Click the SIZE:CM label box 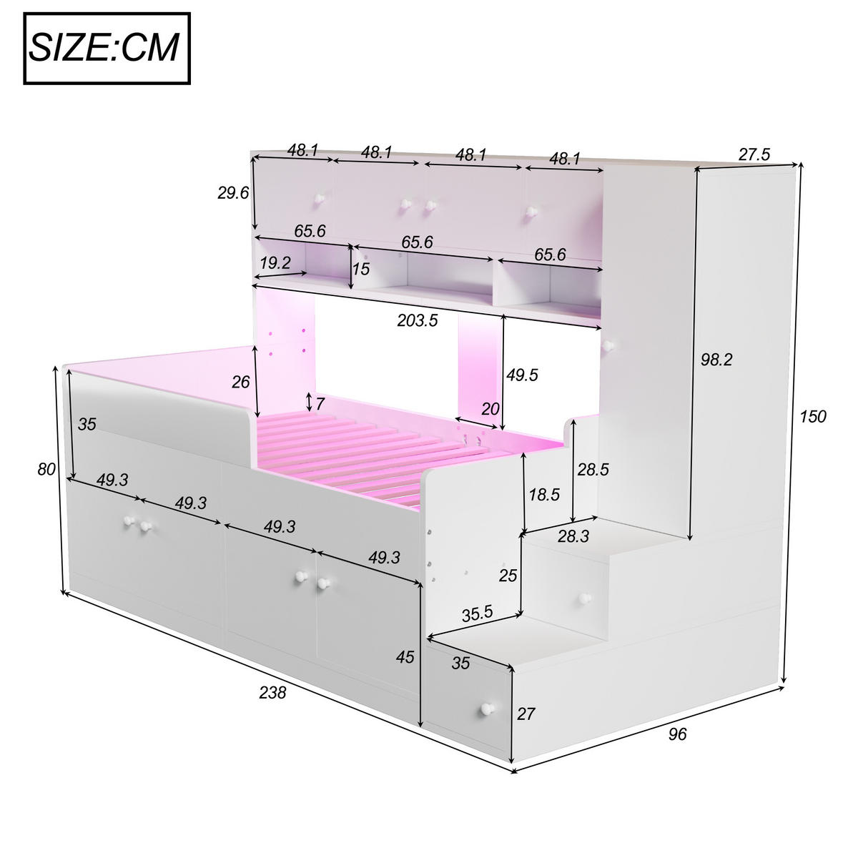tap(108, 48)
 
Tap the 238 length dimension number tap(272, 692)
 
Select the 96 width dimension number tap(677, 734)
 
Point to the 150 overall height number tap(812, 416)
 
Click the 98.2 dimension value tap(716, 360)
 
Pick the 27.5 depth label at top tap(754, 154)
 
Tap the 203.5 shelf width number tap(418, 320)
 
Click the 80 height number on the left tap(46, 469)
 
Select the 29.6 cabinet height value tap(233, 192)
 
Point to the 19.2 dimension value tap(275, 262)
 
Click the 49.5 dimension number tap(522, 375)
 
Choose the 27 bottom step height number tap(526, 713)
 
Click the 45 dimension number tap(405, 656)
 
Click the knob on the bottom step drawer tap(487, 709)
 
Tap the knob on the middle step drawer tap(586, 598)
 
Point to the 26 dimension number tap(241, 382)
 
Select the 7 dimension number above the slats tap(320, 403)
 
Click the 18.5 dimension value tap(544, 495)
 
